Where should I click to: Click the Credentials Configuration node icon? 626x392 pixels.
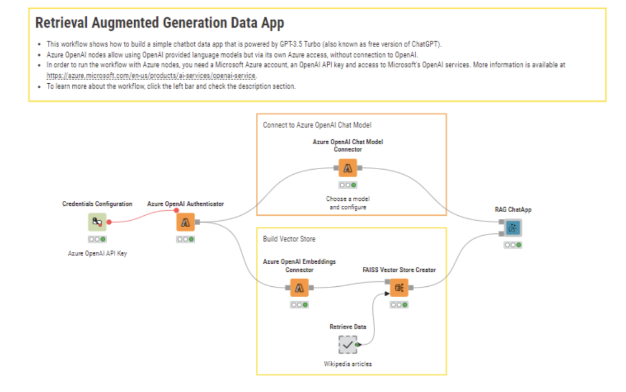pos(97,222)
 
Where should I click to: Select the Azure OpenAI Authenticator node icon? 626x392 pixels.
pos(186,222)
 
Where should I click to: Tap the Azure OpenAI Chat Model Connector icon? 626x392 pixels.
pos(348,168)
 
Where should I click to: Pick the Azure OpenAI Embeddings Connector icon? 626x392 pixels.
pos(299,288)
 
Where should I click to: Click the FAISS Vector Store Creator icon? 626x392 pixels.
pos(399,288)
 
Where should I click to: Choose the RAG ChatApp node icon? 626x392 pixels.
pos(513,228)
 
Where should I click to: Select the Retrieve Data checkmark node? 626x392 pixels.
pos(347,344)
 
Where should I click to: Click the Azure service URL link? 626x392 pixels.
pos(151,76)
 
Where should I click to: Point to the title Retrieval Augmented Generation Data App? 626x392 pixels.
pos(160,23)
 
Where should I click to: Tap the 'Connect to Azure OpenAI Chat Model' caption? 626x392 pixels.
pos(317,125)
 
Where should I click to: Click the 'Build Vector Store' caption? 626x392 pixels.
pos(289,239)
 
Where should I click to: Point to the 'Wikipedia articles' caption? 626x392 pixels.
pos(348,364)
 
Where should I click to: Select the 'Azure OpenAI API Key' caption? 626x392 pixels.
pos(97,253)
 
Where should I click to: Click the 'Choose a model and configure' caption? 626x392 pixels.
pos(348,203)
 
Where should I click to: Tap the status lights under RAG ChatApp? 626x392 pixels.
pos(513,245)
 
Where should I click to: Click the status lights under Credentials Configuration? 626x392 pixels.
pos(97,239)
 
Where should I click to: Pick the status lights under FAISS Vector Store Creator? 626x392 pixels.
pos(399,305)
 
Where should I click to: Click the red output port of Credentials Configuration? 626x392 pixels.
pos(109,222)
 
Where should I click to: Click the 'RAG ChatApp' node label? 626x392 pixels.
pos(513,210)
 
